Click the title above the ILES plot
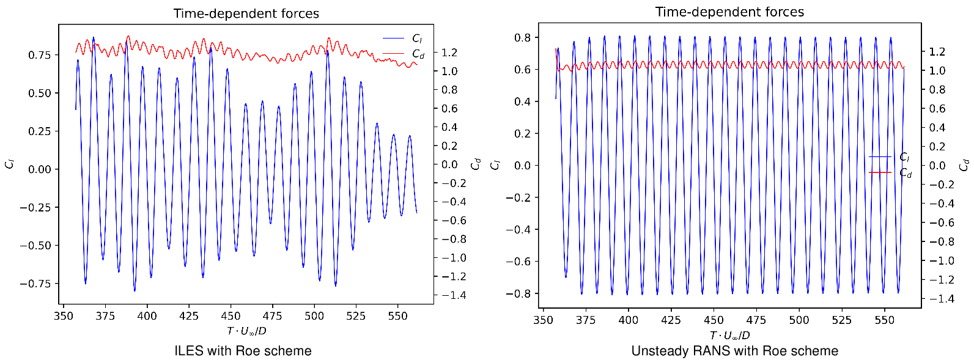coord(246,13)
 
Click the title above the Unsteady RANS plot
coord(729,12)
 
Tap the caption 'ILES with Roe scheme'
coord(243,351)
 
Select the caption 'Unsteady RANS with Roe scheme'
coord(734,351)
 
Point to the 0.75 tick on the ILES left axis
coord(40,55)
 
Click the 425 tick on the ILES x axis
coord(189,316)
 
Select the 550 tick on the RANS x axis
coord(884,320)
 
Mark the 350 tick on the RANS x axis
coord(544,320)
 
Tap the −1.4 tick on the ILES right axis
coord(454,295)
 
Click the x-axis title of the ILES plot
coord(246,331)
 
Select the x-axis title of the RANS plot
coord(729,336)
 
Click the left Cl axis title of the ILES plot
coord(9,164)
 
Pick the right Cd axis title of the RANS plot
coord(964,165)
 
